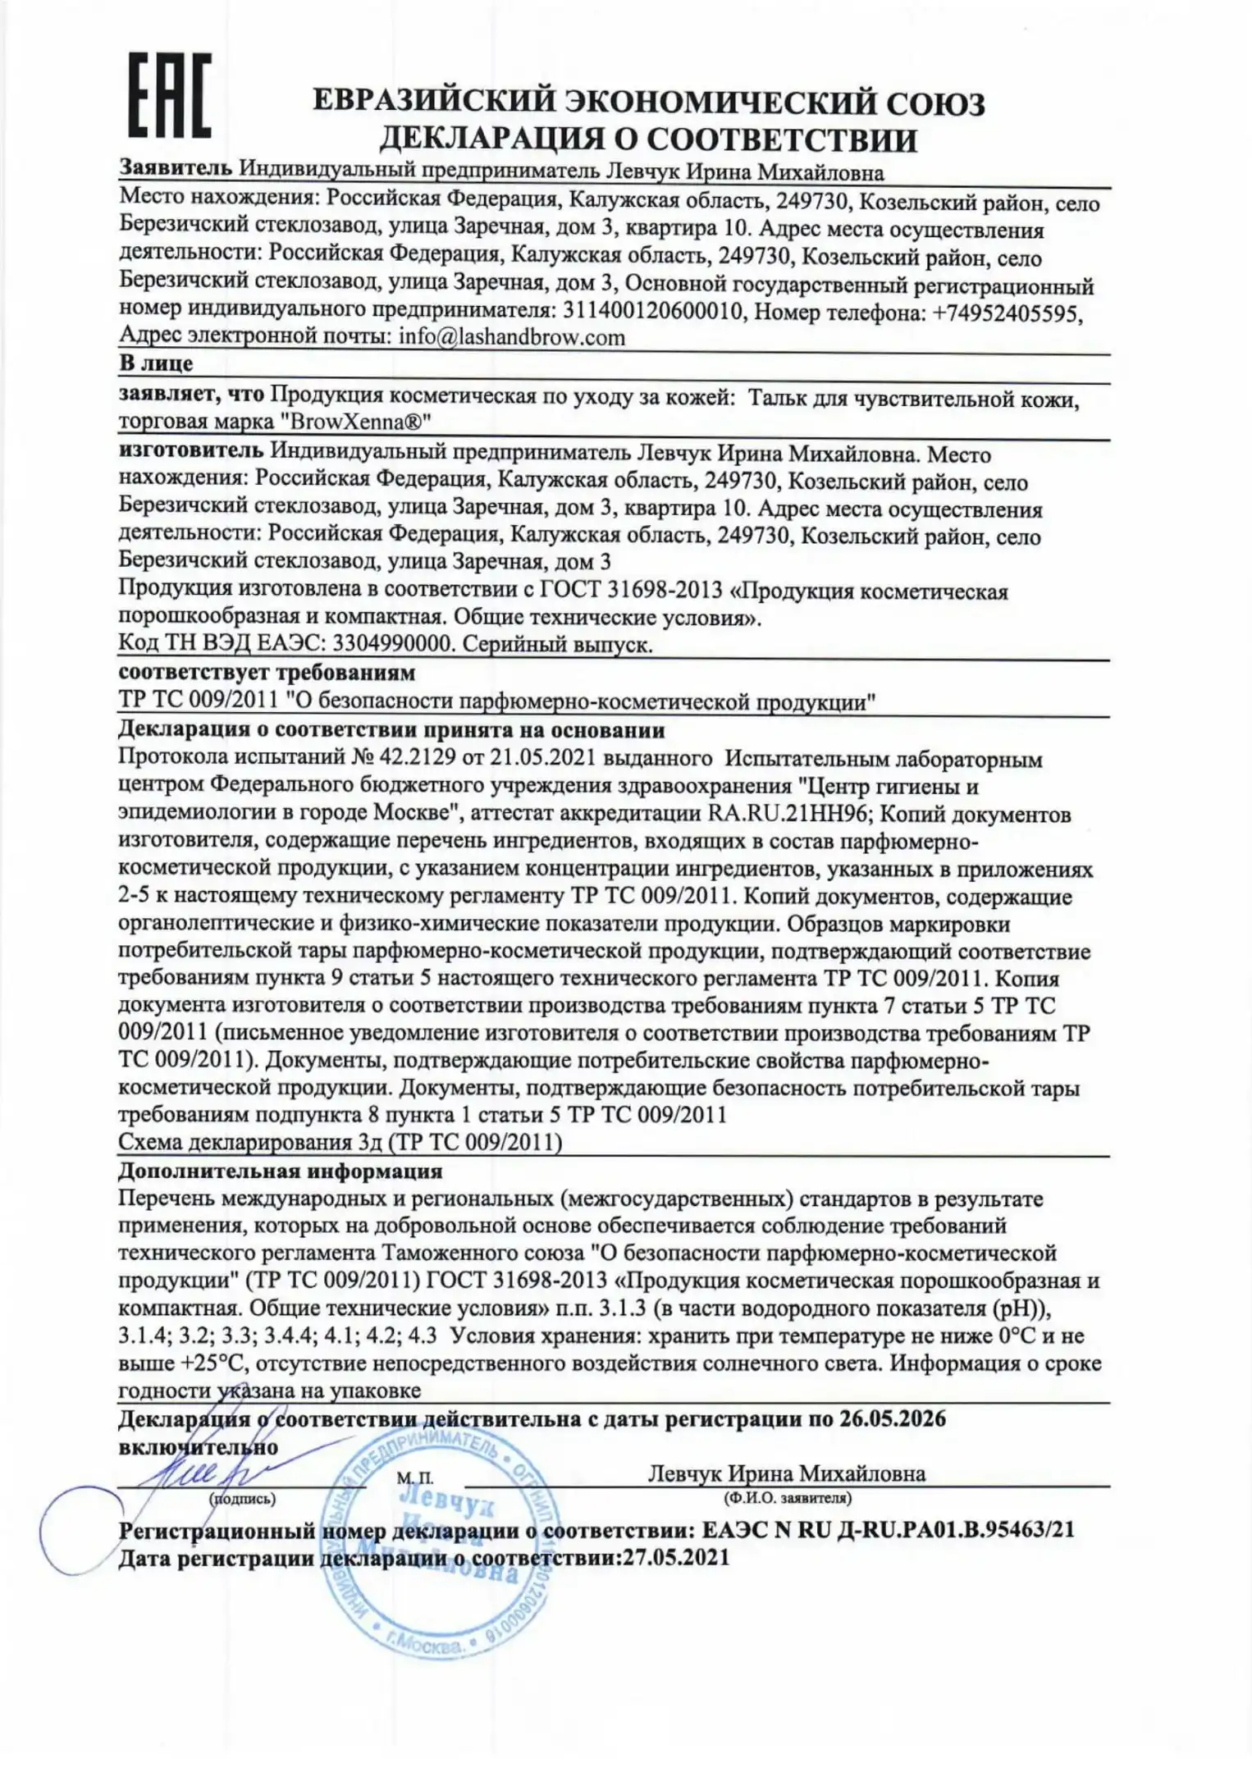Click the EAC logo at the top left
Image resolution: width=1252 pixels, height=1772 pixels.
(170, 95)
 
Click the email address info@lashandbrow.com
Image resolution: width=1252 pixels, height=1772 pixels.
(511, 337)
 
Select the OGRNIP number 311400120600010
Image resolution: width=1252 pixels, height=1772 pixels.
(653, 313)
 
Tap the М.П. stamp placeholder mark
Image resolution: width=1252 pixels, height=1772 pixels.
(415, 1478)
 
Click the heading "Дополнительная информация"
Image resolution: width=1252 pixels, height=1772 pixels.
(281, 1171)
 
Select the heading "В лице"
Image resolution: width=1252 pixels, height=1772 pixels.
(156, 363)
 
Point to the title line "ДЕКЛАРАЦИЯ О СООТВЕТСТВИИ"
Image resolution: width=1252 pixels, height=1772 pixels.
(647, 140)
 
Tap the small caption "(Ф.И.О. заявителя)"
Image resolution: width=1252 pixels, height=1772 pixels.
(788, 1498)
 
